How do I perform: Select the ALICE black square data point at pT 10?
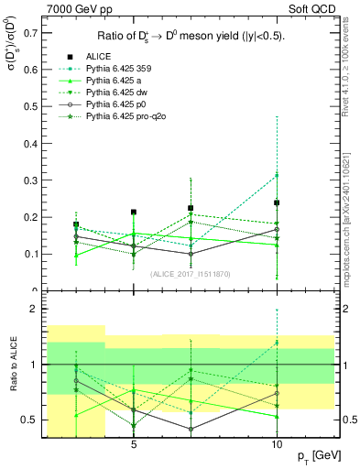pyautogui.click(x=277, y=203)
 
